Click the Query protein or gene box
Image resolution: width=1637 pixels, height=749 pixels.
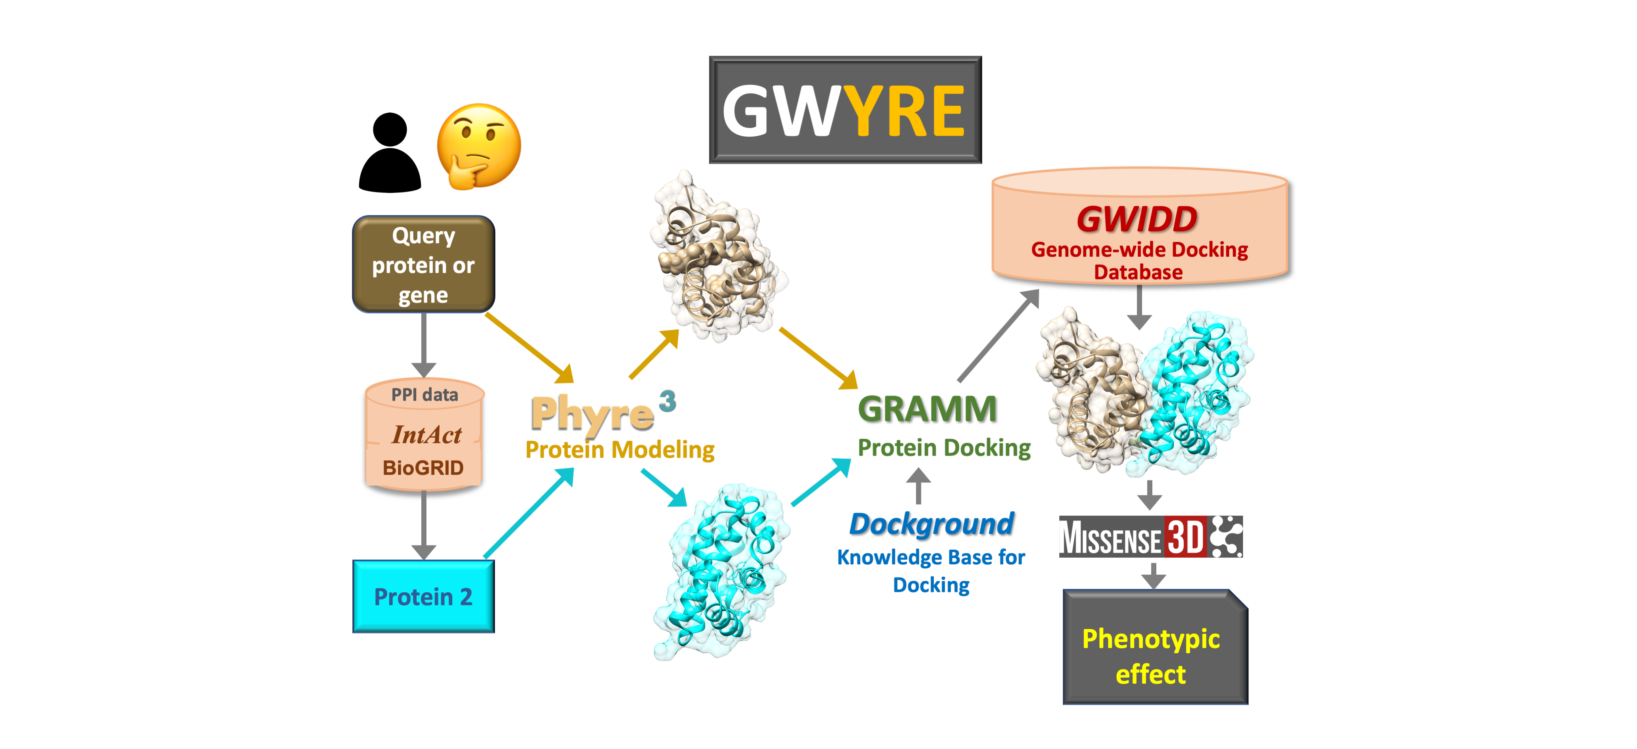[x=423, y=264]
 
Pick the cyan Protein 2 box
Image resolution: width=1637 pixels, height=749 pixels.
[x=423, y=596]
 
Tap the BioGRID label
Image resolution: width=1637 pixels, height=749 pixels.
[x=423, y=468]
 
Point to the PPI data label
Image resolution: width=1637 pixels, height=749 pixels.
[x=424, y=395]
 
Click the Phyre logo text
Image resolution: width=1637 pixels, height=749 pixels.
[x=592, y=414]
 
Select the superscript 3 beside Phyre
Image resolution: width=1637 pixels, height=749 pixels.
[x=667, y=401]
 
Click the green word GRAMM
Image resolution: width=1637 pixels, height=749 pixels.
[x=927, y=409]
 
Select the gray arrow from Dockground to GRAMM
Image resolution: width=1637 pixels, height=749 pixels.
[x=917, y=486]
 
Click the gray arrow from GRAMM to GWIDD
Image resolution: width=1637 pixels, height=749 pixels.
[x=998, y=336]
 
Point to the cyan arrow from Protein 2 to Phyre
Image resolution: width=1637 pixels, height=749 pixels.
[x=529, y=514]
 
